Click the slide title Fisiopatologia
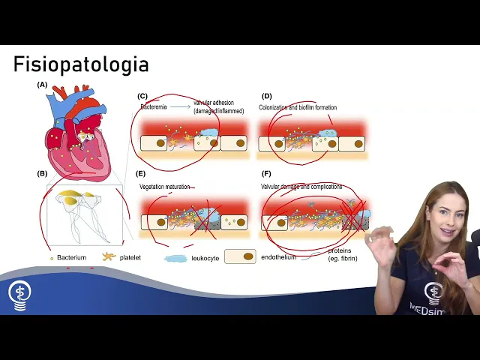click(x=81, y=64)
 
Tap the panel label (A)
click(x=43, y=85)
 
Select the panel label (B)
click(x=43, y=174)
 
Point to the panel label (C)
click(x=142, y=97)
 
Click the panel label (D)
click(x=266, y=97)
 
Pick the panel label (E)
click(x=142, y=174)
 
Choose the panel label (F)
click(x=266, y=174)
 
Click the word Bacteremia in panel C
click(x=154, y=107)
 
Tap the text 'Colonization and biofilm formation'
click(x=298, y=107)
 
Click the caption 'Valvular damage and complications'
click(x=301, y=186)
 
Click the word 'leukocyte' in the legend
click(x=206, y=257)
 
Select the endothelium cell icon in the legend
click(x=240, y=256)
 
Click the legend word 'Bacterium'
click(x=72, y=257)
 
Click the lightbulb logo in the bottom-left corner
click(x=19, y=293)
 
